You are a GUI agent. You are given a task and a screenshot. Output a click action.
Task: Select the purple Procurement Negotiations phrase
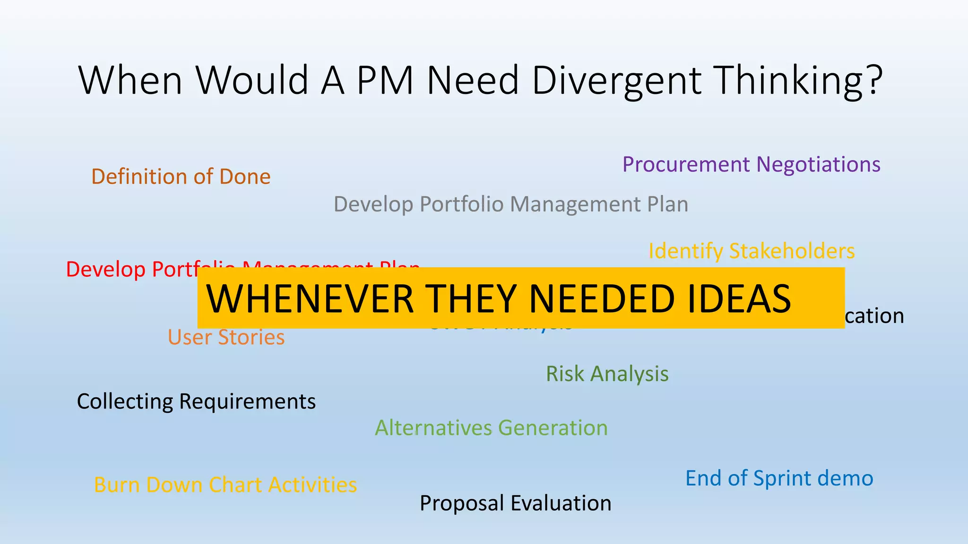click(751, 165)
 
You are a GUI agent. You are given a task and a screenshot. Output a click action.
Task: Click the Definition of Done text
click(181, 177)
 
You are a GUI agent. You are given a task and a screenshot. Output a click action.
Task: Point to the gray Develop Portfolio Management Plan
click(510, 204)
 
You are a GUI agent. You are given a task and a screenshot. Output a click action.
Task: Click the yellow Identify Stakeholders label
click(751, 251)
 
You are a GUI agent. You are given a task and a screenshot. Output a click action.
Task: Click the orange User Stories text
click(226, 337)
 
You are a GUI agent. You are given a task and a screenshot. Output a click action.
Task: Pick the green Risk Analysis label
click(607, 374)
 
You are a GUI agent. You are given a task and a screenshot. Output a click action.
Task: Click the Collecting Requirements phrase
click(196, 401)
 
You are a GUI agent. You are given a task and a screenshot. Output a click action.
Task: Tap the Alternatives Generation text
click(491, 428)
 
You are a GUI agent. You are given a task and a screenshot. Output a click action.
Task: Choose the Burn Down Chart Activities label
click(225, 485)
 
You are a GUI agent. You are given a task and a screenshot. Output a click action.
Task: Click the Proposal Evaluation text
click(515, 503)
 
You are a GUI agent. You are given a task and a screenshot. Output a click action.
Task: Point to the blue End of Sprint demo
click(779, 478)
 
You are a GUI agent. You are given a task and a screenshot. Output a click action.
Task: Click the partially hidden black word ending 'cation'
click(874, 316)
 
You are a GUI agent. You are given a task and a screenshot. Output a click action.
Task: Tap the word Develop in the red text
click(105, 270)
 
